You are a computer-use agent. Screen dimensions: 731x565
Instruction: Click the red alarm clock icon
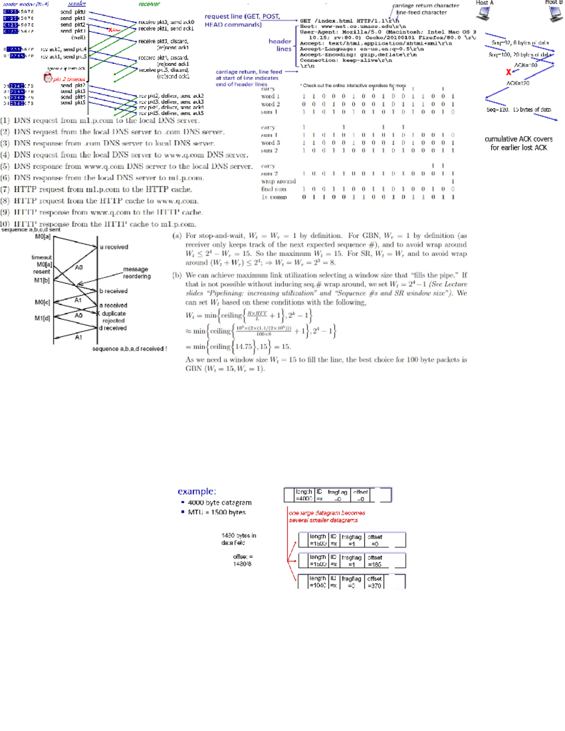click(48, 78)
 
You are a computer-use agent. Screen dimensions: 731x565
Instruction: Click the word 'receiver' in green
click(149, 4)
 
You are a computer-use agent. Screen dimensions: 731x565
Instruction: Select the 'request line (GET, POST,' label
click(242, 16)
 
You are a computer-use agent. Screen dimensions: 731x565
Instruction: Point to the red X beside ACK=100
click(508, 72)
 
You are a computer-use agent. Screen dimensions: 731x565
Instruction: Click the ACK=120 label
click(518, 83)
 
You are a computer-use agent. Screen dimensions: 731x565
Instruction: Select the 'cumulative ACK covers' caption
click(518, 139)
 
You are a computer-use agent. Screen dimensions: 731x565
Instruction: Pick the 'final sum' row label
click(274, 189)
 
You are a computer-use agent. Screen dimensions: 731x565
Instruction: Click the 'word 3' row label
click(270, 143)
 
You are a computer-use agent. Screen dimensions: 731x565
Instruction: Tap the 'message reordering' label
click(136, 273)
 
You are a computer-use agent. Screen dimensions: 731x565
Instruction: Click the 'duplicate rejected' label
click(113, 317)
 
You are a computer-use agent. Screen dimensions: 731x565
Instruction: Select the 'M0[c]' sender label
click(42, 302)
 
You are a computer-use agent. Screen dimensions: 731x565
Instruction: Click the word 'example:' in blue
click(197, 491)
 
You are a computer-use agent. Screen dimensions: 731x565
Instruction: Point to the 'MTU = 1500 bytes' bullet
click(217, 512)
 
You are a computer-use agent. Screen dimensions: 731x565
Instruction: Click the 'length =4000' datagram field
click(304, 495)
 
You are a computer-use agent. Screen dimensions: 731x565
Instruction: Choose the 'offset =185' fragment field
click(375, 561)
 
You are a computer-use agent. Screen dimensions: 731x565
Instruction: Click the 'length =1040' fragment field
click(317, 582)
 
